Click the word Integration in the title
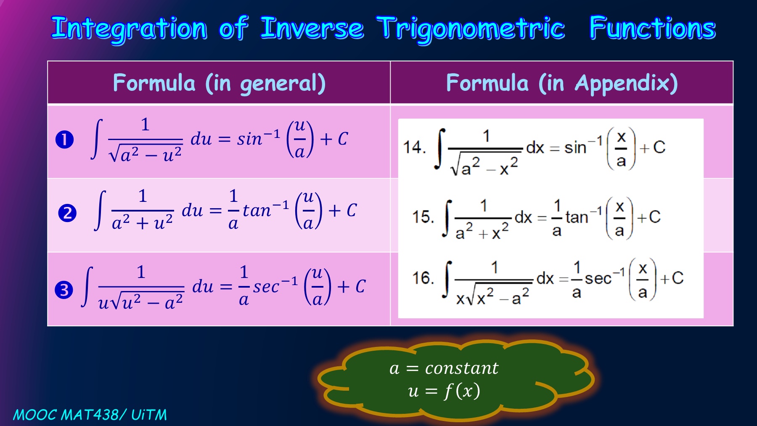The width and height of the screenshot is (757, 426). [129, 29]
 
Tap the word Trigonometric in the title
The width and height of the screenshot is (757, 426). [471, 29]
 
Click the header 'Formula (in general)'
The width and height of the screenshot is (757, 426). [219, 83]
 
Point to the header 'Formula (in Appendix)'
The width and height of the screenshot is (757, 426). [562, 83]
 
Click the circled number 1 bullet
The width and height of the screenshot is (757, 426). [65, 140]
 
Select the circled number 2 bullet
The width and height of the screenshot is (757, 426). [67, 213]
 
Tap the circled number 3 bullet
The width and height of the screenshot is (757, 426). [64, 290]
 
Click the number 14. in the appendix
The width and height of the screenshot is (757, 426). [415, 147]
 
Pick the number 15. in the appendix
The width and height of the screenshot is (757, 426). [423, 217]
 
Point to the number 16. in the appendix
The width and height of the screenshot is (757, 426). [423, 278]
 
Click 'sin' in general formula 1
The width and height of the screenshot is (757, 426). [249, 139]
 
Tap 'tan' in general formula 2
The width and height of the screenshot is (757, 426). [257, 210]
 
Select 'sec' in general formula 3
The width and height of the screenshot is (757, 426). [266, 287]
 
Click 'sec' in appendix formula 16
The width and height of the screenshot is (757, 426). [598, 278]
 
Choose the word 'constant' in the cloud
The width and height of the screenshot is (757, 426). [462, 368]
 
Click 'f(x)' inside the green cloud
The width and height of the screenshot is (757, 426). [462, 391]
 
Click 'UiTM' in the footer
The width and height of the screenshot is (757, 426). [149, 415]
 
